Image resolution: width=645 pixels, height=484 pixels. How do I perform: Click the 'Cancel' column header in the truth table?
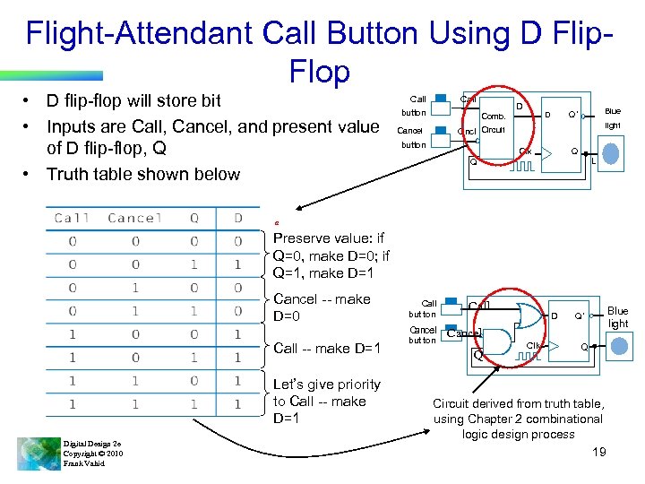(133, 218)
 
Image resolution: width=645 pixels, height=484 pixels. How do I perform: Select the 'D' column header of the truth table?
(237, 218)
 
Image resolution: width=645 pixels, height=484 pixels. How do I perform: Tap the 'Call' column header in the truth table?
(72, 218)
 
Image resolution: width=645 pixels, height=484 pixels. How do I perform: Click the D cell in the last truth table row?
(237, 404)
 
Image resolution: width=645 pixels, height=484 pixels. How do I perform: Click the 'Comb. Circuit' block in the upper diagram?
(494, 123)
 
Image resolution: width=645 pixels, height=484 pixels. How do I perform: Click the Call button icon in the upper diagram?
(441, 99)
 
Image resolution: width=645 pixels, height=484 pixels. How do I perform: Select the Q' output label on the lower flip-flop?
(580, 316)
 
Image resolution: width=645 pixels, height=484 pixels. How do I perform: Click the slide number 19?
(599, 452)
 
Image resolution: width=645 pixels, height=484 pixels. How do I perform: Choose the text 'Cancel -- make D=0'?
(321, 307)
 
